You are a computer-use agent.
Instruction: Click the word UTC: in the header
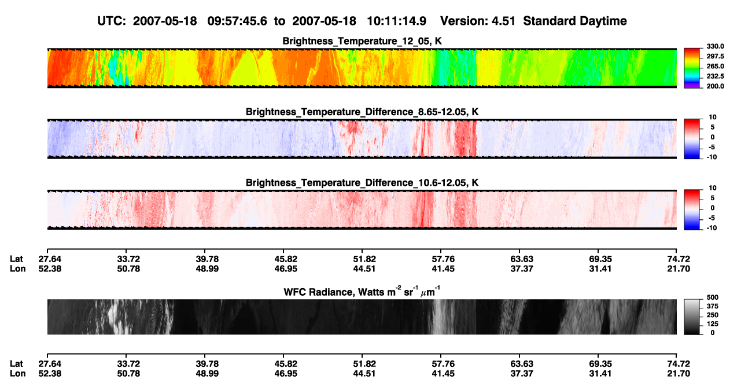click(x=112, y=21)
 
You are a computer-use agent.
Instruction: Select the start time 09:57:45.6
click(x=237, y=21)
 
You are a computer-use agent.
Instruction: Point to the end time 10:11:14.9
click(x=396, y=21)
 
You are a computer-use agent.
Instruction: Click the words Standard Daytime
click(x=575, y=21)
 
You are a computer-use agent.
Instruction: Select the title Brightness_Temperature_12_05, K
click(x=362, y=41)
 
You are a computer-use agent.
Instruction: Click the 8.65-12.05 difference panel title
click(x=362, y=112)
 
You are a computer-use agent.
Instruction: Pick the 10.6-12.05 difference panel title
click(x=362, y=183)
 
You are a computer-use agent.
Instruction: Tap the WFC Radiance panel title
click(x=362, y=291)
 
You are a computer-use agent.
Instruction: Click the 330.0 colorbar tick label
click(x=715, y=46)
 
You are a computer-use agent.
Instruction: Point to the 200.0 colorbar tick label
click(x=715, y=86)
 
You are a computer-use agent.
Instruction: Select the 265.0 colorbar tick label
click(x=715, y=66)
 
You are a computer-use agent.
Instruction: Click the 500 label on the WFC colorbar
click(x=713, y=297)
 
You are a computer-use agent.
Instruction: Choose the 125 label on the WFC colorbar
click(x=713, y=324)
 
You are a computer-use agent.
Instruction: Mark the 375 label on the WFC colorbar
click(x=713, y=306)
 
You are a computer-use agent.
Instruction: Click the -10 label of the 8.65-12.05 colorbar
click(x=712, y=157)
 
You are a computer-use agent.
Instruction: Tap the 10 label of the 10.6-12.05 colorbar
click(x=713, y=188)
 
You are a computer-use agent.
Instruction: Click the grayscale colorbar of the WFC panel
click(x=692, y=317)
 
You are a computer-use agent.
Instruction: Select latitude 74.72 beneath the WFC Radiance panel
click(x=679, y=364)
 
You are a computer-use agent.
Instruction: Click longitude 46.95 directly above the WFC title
click(x=286, y=269)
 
